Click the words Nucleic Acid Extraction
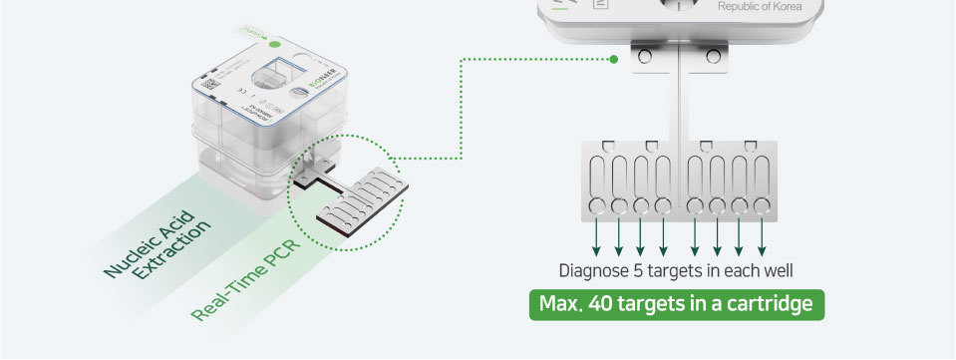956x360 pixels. [158, 243]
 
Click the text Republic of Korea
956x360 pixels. [759, 8]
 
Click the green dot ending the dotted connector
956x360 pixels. [615, 59]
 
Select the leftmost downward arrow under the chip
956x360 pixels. [597, 236]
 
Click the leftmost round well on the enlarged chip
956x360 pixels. [597, 205]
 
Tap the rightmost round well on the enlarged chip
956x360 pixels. [762, 205]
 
